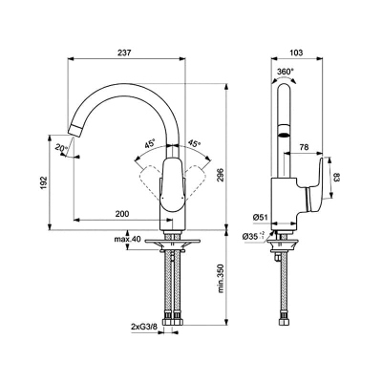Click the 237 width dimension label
pos(125,53)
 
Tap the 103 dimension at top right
pos(297,53)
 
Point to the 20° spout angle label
pos(61,148)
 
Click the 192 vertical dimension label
pos(44,182)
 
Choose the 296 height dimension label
pos(221,175)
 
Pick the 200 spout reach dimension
pos(122,214)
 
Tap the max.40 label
pos(127,240)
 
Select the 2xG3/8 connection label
pos(143,327)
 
